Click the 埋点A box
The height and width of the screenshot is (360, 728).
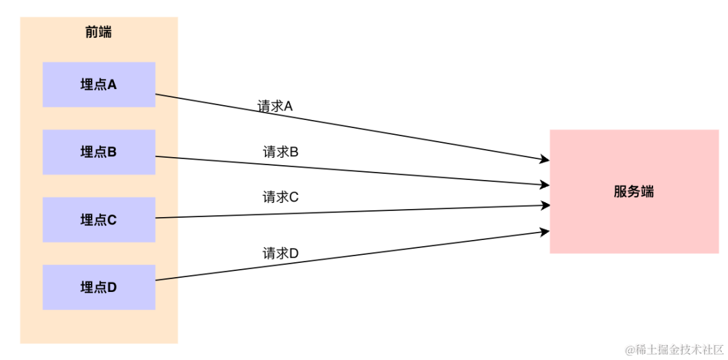click(x=98, y=84)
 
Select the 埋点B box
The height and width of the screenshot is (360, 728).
click(x=98, y=152)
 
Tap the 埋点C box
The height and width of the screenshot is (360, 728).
click(x=98, y=219)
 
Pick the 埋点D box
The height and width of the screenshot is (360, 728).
click(x=98, y=287)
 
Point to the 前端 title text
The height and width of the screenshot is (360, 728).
click(x=98, y=32)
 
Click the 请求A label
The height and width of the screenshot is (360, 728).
click(x=275, y=107)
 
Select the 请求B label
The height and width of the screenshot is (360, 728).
click(x=280, y=152)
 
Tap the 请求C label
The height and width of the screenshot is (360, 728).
click(x=280, y=197)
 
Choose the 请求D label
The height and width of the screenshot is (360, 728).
click(x=280, y=253)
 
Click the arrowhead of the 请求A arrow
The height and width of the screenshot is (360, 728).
click(x=546, y=160)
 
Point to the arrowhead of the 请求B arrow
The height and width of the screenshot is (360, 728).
click(x=546, y=183)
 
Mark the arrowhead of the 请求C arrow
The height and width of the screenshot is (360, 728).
click(x=546, y=206)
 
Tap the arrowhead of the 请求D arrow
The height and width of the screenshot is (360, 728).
click(x=546, y=232)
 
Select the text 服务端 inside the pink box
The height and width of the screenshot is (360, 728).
click(x=634, y=191)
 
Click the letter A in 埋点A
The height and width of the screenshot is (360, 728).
click(x=112, y=84)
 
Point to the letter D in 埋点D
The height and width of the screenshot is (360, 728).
click(x=112, y=287)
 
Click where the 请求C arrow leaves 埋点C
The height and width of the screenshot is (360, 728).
click(x=156, y=218)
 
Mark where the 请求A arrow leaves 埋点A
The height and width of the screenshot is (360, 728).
click(x=156, y=94)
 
